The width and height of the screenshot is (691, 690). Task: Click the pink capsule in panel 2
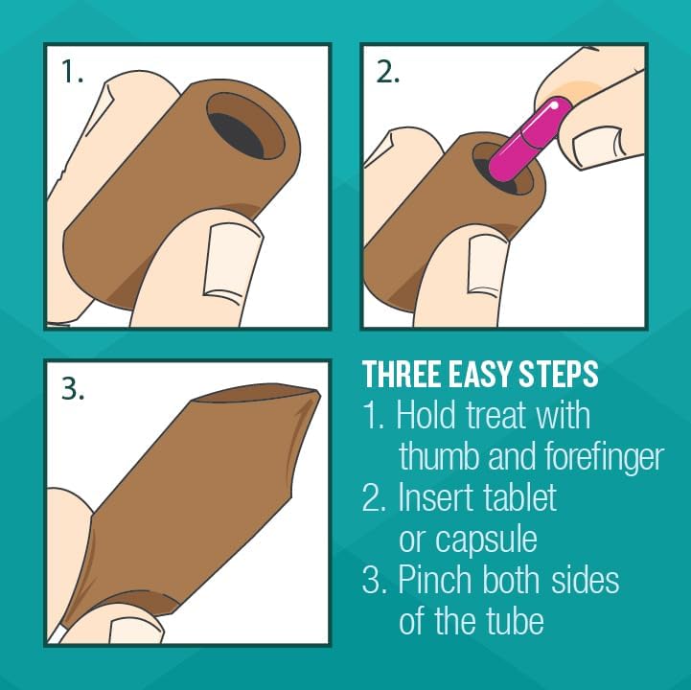coord(531,140)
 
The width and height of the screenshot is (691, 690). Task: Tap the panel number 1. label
coord(72,71)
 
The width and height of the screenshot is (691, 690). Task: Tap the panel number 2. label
coord(388,71)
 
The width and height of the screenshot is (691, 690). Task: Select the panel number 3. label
coord(73,388)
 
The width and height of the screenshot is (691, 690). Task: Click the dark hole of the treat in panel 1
coord(237,135)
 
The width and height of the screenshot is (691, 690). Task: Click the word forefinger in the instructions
coord(604,457)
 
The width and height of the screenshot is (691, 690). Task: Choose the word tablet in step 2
coord(521,498)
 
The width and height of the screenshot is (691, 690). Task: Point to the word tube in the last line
coord(516,621)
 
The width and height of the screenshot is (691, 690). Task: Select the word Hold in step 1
coord(426,415)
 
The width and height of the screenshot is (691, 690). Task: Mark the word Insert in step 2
coord(437,498)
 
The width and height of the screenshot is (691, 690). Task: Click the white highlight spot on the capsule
coord(554,105)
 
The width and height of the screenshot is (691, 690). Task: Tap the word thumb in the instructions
coord(438,456)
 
